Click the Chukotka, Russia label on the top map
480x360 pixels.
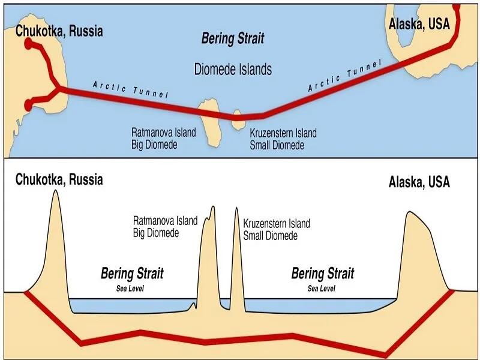point(59,31)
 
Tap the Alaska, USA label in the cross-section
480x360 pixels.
point(419,182)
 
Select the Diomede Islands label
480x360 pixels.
point(233,69)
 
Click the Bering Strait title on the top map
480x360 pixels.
point(233,38)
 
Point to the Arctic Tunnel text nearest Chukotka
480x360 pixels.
point(131,89)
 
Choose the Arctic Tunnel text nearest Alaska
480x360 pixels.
point(345,76)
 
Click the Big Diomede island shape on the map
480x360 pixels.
point(211,122)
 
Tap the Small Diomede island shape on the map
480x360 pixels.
point(238,120)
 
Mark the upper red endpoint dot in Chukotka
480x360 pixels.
point(28,43)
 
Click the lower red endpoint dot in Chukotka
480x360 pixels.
point(28,105)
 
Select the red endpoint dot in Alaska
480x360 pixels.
point(457,7)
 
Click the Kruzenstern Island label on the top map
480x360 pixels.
point(283,133)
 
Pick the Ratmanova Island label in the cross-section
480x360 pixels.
point(166,220)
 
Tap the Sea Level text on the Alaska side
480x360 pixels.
point(322,288)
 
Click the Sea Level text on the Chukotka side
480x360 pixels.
point(130,288)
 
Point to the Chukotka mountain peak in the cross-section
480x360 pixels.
point(55,190)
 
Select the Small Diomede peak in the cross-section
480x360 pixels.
point(236,208)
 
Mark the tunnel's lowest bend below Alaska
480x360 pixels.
point(385,355)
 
